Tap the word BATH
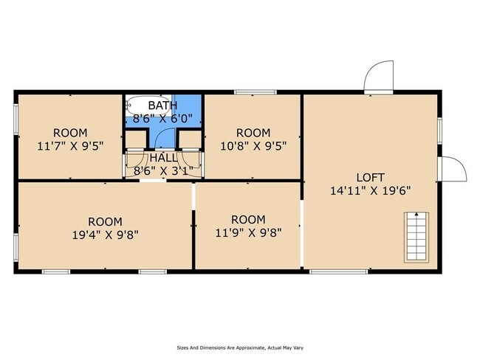[x=162, y=105]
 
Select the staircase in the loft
[x=416, y=238]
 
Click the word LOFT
[x=370, y=177]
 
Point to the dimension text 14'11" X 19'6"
[x=370, y=191]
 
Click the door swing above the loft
[x=378, y=76]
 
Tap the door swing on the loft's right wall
[x=454, y=169]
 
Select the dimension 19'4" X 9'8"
[x=106, y=235]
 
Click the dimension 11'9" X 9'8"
[x=248, y=233]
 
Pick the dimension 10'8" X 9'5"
[x=253, y=146]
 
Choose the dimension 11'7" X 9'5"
[x=70, y=146]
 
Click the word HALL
[x=163, y=158]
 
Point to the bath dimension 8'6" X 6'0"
[x=162, y=118]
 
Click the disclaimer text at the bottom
[x=240, y=347]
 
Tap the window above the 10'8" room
[x=256, y=91]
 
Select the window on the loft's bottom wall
[x=338, y=271]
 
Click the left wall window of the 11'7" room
[x=16, y=120]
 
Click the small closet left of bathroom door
[x=136, y=139]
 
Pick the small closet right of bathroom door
[x=190, y=139]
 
